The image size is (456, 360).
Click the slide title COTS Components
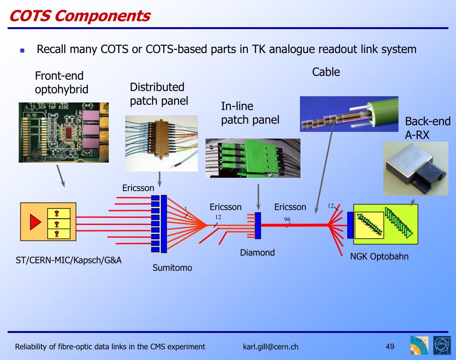pyautogui.click(x=80, y=16)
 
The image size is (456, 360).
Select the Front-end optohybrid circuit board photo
pyautogui.click(x=63, y=132)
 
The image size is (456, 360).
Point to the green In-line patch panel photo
pyautogui.click(x=253, y=158)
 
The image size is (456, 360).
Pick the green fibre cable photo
pyautogui.click(x=349, y=114)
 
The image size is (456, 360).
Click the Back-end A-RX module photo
pyautogui.click(x=415, y=168)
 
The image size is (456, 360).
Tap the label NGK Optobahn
pyautogui.click(x=379, y=257)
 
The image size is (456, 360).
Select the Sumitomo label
pyautogui.click(x=173, y=268)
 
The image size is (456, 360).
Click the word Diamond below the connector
pyautogui.click(x=257, y=253)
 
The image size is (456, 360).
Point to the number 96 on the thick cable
pyautogui.click(x=288, y=219)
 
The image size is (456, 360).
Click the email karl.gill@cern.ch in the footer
pyautogui.click(x=271, y=347)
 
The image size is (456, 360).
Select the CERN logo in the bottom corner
pyautogui.click(x=442, y=346)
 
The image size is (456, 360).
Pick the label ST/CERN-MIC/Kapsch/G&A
pyautogui.click(x=66, y=260)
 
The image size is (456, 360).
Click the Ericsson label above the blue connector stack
pyautogui.click(x=138, y=188)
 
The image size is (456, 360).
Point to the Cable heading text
pyautogui.click(x=326, y=72)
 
